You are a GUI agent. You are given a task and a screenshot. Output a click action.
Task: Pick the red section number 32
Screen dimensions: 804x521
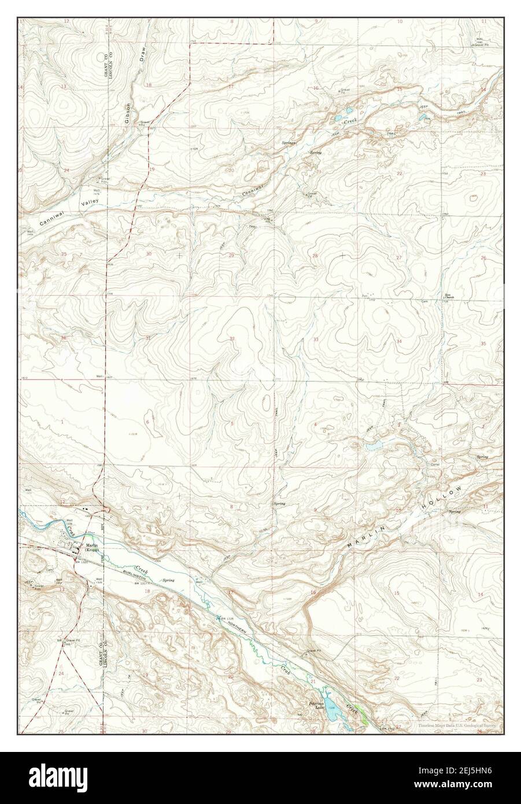(232, 339)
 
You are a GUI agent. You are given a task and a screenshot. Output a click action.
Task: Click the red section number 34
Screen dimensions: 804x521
(399, 341)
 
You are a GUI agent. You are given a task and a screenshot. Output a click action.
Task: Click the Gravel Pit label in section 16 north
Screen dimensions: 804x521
(345, 91)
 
